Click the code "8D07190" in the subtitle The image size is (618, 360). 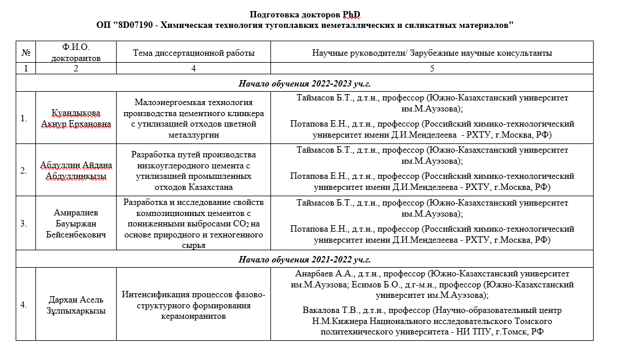coord(137,25)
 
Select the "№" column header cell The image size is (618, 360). coord(26,52)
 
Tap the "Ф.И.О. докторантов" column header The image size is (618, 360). coord(75,52)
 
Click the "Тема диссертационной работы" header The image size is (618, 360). coord(193,53)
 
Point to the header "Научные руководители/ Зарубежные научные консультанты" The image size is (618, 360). coord(432,53)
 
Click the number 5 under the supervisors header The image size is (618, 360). coord(432,69)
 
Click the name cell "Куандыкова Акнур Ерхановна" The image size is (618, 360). coord(75,118)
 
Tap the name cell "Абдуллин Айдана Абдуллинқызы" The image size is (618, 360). coord(75,171)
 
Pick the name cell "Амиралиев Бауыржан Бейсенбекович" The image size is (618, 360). coord(75,224)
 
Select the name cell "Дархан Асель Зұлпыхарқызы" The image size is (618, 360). coord(75,305)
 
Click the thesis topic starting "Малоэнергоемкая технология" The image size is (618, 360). coord(193,118)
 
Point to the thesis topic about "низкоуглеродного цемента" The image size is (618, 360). coord(193,171)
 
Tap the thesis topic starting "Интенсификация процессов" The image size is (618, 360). coord(193,305)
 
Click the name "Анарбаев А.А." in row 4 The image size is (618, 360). coord(313,274)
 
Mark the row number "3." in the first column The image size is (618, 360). coord(24,224)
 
